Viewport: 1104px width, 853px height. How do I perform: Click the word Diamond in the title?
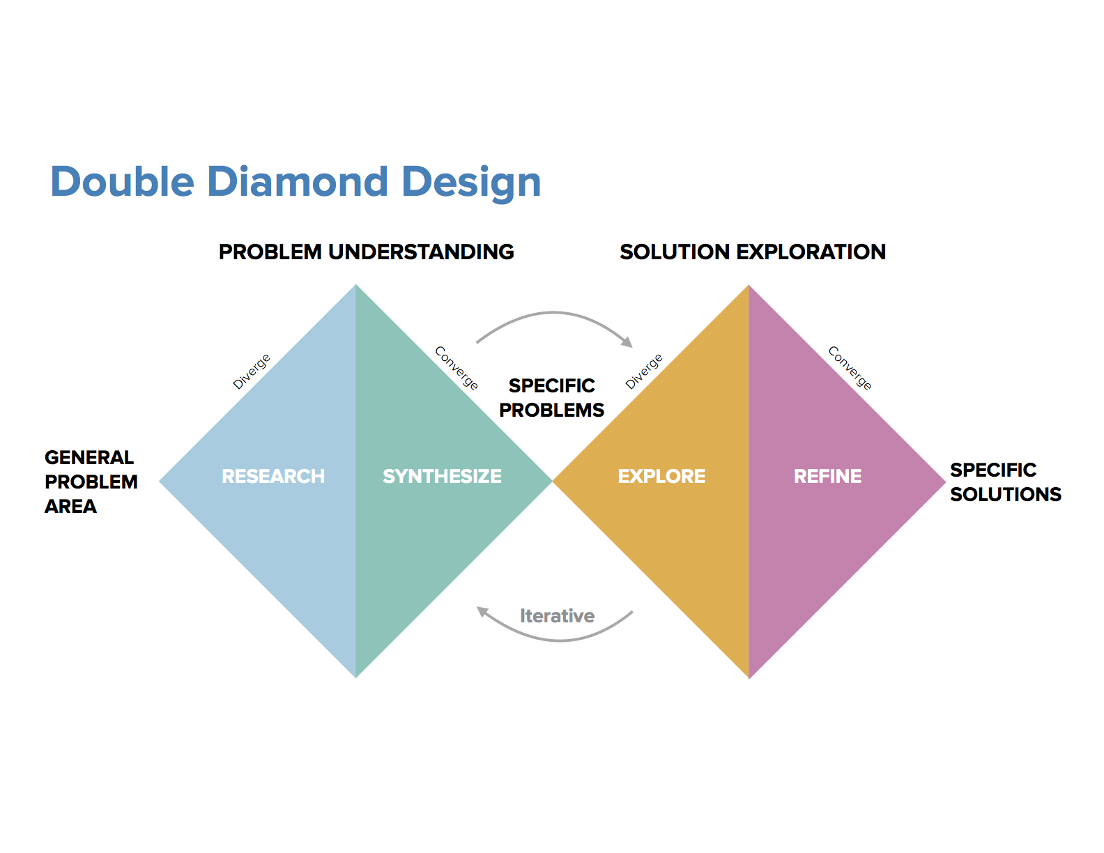(x=297, y=181)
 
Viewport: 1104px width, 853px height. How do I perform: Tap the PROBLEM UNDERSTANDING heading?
(x=366, y=252)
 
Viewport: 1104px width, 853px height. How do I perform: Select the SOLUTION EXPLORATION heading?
(x=753, y=252)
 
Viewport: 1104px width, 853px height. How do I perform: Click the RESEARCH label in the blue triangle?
(x=273, y=476)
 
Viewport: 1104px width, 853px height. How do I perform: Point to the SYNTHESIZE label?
(x=442, y=476)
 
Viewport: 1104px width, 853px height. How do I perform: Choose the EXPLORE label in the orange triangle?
(x=661, y=476)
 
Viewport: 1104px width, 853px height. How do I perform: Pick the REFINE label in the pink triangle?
(x=827, y=476)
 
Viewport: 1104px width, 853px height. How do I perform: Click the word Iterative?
(x=557, y=616)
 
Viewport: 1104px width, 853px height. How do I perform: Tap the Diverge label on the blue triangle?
(x=251, y=371)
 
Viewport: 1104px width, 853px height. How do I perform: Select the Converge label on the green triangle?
(x=457, y=368)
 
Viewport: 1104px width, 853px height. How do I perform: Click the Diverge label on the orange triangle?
(x=643, y=371)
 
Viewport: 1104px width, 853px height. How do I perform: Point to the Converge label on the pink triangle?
(x=850, y=368)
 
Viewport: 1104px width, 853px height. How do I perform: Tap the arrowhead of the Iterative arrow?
(x=482, y=611)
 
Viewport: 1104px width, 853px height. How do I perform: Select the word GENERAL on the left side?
(x=89, y=457)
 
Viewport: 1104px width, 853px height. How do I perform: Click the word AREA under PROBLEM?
(x=70, y=506)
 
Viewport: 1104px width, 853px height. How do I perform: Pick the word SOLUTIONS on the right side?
(x=1005, y=494)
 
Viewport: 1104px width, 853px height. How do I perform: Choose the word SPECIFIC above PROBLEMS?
(x=551, y=385)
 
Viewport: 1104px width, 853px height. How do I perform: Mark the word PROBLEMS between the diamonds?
(x=551, y=410)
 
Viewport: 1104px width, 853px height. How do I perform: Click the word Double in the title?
(x=123, y=181)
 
